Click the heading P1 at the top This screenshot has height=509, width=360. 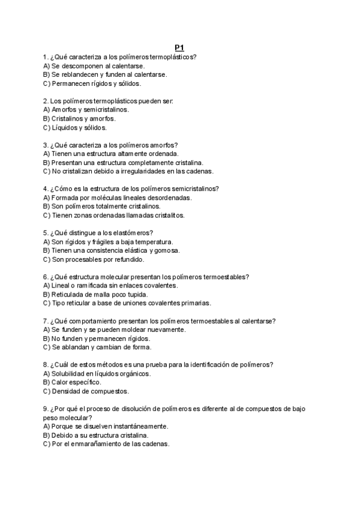coord(179,47)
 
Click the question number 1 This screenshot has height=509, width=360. coord(46,57)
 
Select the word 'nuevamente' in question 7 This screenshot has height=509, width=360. coord(165,330)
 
